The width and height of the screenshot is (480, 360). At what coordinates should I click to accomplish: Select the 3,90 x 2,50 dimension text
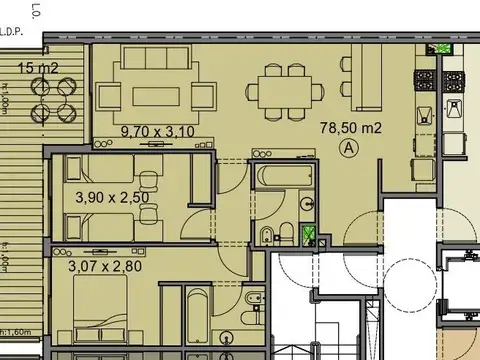(113, 197)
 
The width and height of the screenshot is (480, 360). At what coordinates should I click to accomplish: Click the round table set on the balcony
(53, 96)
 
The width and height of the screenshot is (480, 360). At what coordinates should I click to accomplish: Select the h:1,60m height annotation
(16, 329)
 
